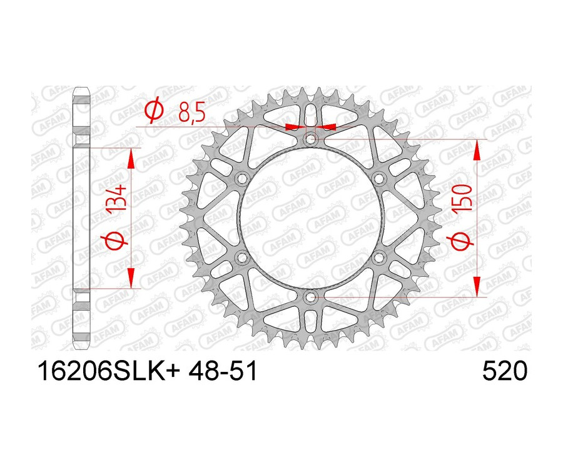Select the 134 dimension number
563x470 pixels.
click(x=118, y=198)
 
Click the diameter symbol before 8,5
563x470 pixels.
click(x=153, y=112)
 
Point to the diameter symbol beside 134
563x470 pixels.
click(x=118, y=241)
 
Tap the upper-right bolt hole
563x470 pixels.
click(x=379, y=179)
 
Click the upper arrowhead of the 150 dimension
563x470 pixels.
click(x=478, y=149)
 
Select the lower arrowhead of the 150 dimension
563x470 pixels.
click(x=478, y=286)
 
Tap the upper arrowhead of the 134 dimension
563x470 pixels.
click(x=131, y=159)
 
